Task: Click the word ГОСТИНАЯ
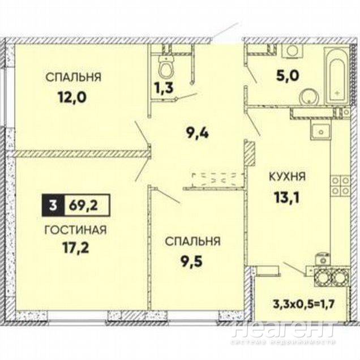tap(76, 230)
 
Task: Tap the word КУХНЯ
tap(287, 177)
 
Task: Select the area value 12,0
tap(72, 97)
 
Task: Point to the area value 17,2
tap(75, 248)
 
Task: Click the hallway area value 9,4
tap(198, 134)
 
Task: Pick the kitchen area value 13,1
tap(287, 198)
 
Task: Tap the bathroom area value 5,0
tap(288, 76)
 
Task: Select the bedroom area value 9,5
tap(192, 262)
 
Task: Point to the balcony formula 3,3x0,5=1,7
tap(303, 305)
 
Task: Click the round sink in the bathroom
tap(309, 97)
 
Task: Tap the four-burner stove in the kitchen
tap(340, 186)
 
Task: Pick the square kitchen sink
tap(320, 131)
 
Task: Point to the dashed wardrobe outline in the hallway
tap(217, 180)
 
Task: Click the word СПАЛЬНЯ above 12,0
tap(74, 78)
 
